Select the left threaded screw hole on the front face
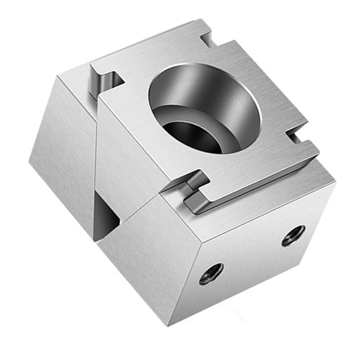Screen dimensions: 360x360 211,273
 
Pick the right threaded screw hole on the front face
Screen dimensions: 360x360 293,235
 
